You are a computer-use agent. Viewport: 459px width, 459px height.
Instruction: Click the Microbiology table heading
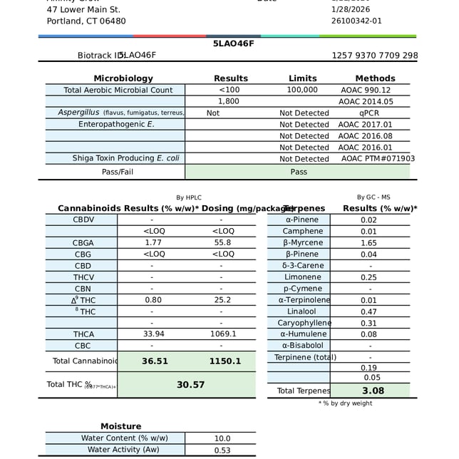point(123,78)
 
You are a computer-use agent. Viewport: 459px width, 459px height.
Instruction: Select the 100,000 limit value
point(302,90)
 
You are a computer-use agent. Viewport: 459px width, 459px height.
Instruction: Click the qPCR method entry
point(369,113)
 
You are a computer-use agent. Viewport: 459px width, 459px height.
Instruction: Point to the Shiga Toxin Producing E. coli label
point(125,158)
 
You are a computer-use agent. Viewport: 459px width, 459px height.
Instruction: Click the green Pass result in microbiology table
point(299,172)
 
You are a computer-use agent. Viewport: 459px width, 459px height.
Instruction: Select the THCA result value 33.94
point(153,334)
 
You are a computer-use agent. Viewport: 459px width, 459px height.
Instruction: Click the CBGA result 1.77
point(153,242)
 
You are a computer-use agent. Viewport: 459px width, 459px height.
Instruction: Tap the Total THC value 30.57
point(190,384)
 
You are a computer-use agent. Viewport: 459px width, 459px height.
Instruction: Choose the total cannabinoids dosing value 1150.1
point(225,361)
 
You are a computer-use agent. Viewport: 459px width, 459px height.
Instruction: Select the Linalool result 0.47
point(368,311)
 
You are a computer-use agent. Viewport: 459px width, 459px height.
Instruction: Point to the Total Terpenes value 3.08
point(373,391)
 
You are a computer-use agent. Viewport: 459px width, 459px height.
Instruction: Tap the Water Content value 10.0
point(222,438)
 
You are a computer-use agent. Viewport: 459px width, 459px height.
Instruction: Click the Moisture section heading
point(120,426)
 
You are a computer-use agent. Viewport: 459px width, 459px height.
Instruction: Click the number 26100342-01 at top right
point(356,21)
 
